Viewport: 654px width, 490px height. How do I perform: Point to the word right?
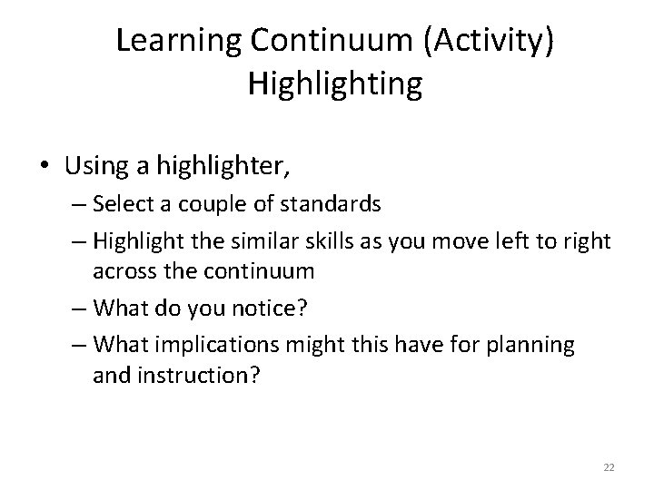click(x=587, y=241)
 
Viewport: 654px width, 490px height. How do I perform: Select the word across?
click(x=120, y=270)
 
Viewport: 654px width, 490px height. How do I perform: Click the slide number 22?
click(x=609, y=465)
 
